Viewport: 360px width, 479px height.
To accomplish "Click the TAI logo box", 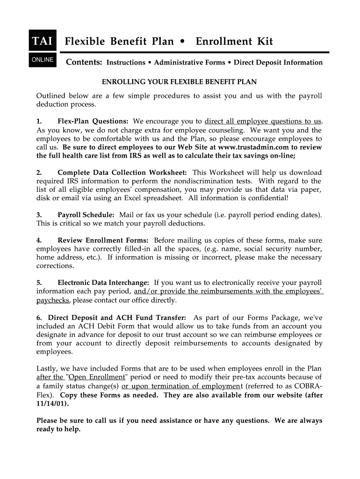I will click(x=43, y=42).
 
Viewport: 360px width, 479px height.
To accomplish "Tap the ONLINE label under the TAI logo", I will click(x=43, y=60).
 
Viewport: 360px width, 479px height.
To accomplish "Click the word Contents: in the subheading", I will click(x=84, y=62).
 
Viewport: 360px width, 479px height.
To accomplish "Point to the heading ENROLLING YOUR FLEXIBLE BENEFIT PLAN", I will click(x=179, y=82).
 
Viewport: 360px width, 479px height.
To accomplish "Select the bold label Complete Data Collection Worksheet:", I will click(x=122, y=173).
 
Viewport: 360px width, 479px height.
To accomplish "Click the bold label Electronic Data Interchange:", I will click(x=103, y=283).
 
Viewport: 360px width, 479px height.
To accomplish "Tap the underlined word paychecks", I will click(x=53, y=300).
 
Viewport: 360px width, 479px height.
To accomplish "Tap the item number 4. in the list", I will click(x=39, y=240).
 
